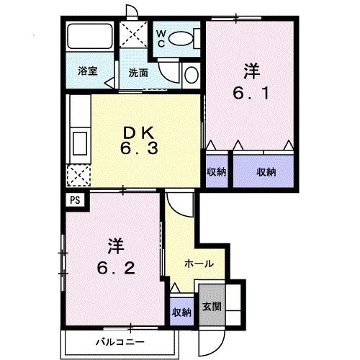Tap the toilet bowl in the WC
185,38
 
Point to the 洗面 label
138,72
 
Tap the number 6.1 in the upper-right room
250,93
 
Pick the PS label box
75,202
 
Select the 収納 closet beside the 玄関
181,312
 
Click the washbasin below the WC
191,74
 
